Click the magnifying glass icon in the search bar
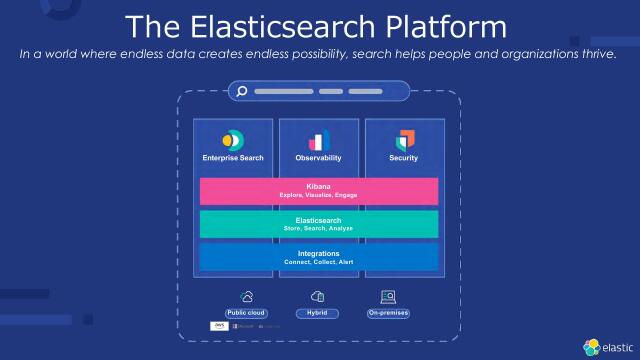tap(241, 92)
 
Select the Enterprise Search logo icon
tap(233, 139)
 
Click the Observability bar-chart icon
tap(319, 140)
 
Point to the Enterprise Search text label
tap(233, 159)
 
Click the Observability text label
tap(319, 159)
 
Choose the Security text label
tap(403, 159)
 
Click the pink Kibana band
tap(319, 191)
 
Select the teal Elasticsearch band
tap(319, 224)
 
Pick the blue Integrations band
tap(319, 257)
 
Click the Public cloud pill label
tap(246, 313)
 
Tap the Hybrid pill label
tap(318, 313)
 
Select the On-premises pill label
tap(388, 313)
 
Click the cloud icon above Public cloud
tap(246, 296)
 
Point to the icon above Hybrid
tap(318, 296)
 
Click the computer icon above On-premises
tap(388, 296)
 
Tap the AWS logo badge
tap(219, 326)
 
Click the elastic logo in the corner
tap(608, 346)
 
